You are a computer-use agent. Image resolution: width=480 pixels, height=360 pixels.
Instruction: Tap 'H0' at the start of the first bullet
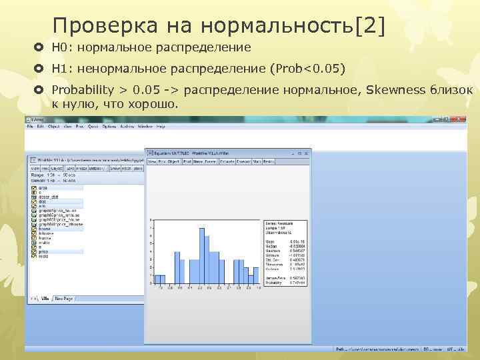(x=59, y=47)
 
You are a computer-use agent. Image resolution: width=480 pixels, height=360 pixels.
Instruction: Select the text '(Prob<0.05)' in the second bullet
(x=307, y=69)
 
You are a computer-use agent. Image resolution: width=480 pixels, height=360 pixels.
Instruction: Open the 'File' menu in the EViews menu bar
(x=30, y=126)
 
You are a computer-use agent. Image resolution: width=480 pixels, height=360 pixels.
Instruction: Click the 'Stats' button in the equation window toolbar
(x=256, y=161)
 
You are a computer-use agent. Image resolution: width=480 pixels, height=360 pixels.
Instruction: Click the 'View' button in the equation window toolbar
(x=151, y=161)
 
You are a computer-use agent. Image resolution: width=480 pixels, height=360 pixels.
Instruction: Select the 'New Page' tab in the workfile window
(x=64, y=299)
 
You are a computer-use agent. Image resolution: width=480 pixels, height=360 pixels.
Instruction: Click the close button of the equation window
(x=307, y=153)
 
